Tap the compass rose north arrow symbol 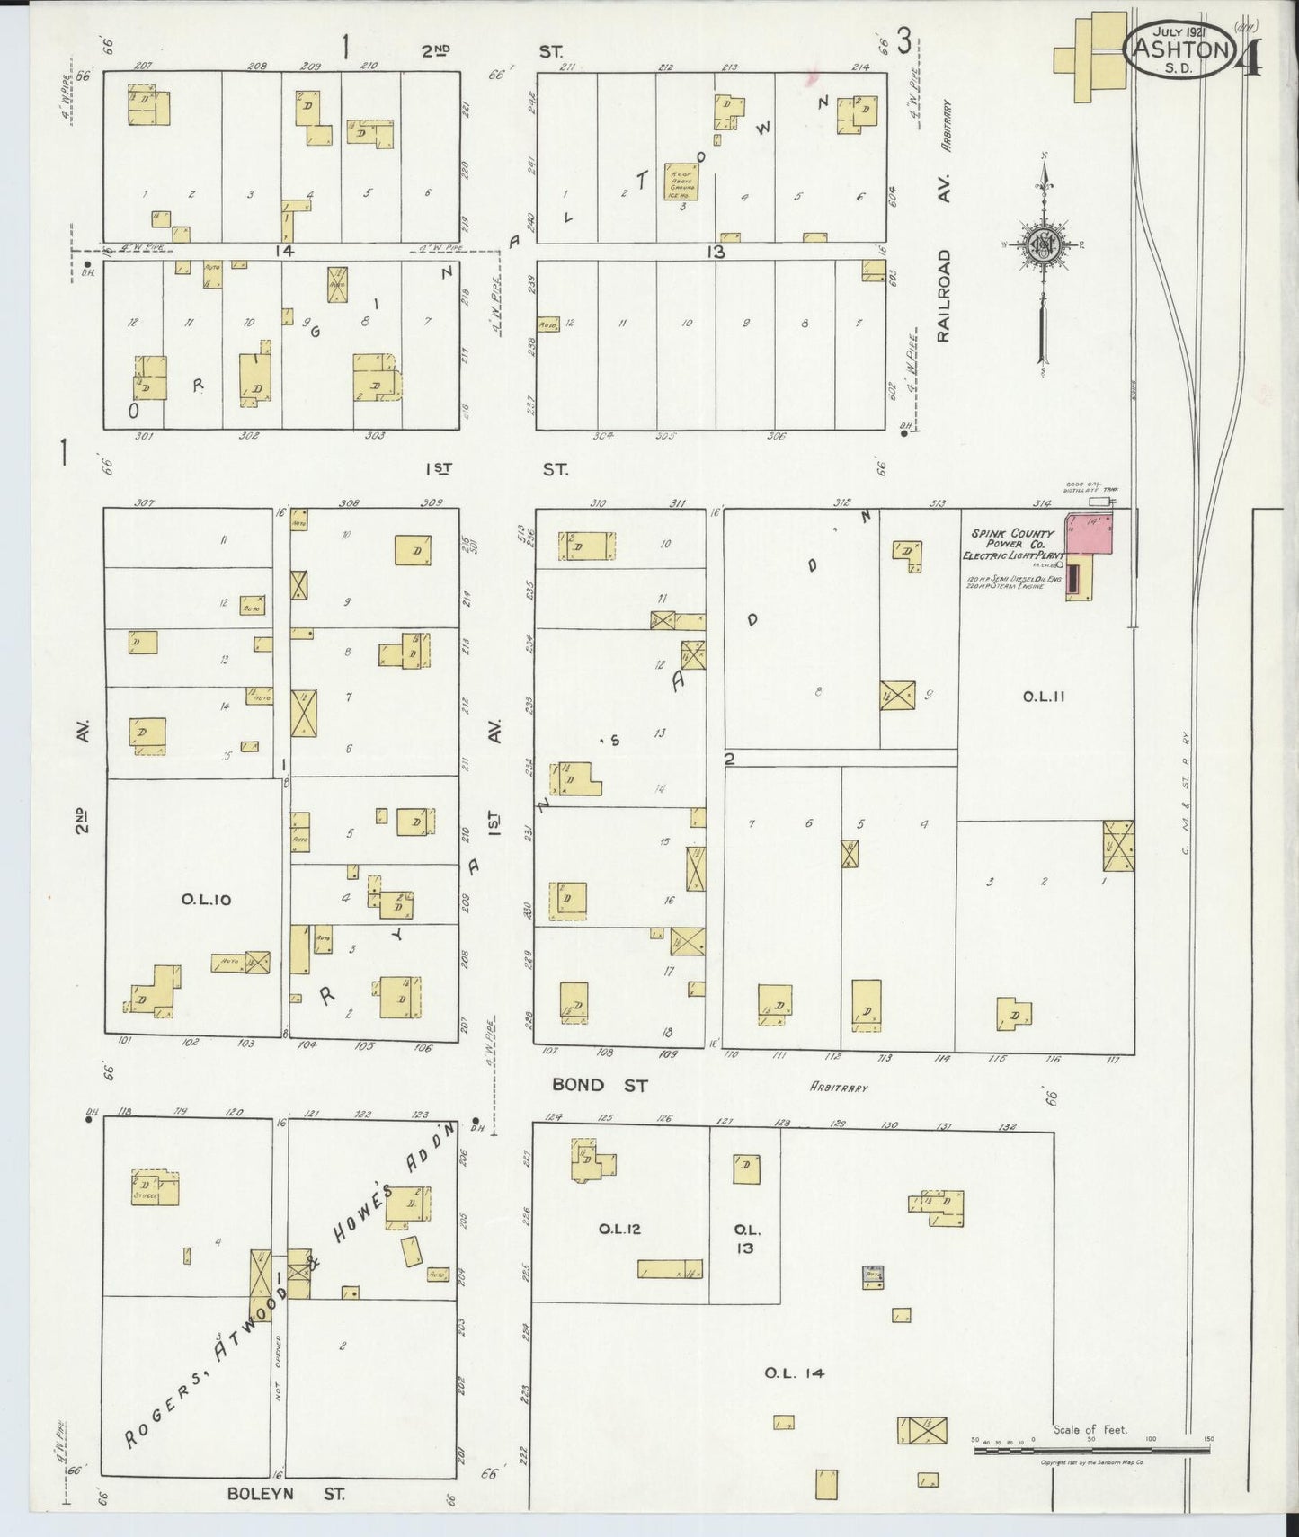pyautogui.click(x=1043, y=244)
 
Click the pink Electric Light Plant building pyautogui.click(x=1090, y=533)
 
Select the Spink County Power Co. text pyautogui.click(x=1012, y=538)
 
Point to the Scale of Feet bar pyautogui.click(x=1091, y=1451)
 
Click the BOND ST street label pyautogui.click(x=600, y=1085)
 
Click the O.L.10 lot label pyautogui.click(x=206, y=899)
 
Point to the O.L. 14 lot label pyautogui.click(x=794, y=1373)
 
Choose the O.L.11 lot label pyautogui.click(x=1044, y=696)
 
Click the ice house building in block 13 pyautogui.click(x=681, y=182)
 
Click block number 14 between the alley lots pyautogui.click(x=285, y=252)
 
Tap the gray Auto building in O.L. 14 pyautogui.click(x=872, y=1276)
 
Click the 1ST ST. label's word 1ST pyautogui.click(x=438, y=468)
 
